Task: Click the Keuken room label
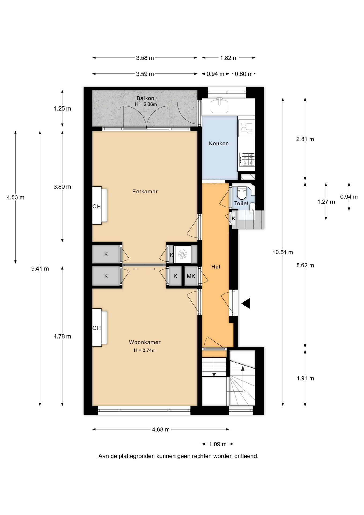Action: tap(219, 144)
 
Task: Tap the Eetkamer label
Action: tap(145, 192)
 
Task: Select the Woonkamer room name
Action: tap(145, 342)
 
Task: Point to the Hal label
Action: tap(216, 267)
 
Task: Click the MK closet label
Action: tap(191, 276)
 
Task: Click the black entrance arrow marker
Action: tap(246, 303)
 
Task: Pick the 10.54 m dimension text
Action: tap(283, 252)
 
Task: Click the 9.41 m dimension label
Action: tap(40, 269)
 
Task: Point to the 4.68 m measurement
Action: tap(161, 429)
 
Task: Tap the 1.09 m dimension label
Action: tap(218, 444)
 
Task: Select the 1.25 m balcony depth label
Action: tap(62, 109)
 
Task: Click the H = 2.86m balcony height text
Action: tap(146, 104)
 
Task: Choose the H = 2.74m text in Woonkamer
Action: tap(145, 350)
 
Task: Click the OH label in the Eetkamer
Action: tap(96, 207)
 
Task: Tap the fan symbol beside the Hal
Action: tap(182, 254)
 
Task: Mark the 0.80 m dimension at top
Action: tap(244, 74)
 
